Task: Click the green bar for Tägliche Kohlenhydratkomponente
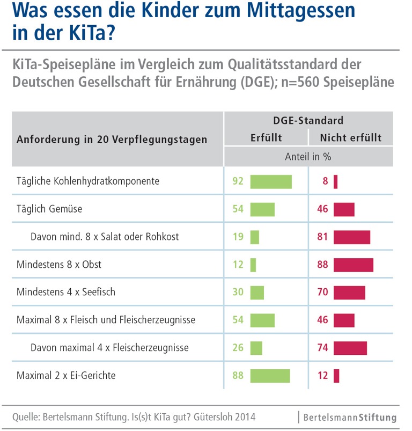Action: [x=271, y=181]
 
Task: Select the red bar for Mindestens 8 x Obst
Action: [x=353, y=265]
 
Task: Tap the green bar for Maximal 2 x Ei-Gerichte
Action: [x=270, y=376]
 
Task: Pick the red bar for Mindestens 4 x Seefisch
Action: [x=349, y=293]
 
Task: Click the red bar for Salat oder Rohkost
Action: [x=352, y=237]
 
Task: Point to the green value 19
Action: [x=238, y=237]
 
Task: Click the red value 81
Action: [x=322, y=237]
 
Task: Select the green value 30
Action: [x=238, y=293]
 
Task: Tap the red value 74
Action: [x=322, y=348]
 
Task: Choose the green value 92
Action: [x=238, y=181]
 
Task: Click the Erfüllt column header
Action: [x=266, y=138]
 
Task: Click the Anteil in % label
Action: [x=308, y=157]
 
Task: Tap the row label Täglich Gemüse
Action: [x=49, y=209]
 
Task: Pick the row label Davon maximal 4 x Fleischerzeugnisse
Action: [x=109, y=348]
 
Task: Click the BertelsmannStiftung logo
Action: [x=350, y=417]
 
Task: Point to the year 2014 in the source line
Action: [x=244, y=417]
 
